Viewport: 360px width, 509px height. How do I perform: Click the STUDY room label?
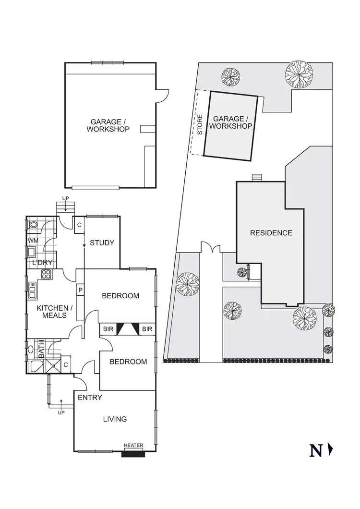click(x=102, y=243)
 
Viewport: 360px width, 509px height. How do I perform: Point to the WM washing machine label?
click(x=33, y=240)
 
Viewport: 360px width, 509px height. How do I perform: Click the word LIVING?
click(x=115, y=419)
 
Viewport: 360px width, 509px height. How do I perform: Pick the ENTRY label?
click(x=90, y=397)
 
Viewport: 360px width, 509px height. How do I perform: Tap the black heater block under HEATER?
click(x=133, y=454)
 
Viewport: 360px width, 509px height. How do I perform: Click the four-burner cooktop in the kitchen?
click(x=47, y=275)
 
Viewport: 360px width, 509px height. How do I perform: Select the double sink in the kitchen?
click(x=33, y=291)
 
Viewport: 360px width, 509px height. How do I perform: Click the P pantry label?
click(x=80, y=291)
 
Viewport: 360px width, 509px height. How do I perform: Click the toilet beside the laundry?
click(x=34, y=225)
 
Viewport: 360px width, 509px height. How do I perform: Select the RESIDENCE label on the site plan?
click(x=271, y=233)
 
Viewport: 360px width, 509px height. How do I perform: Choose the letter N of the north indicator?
click(x=316, y=451)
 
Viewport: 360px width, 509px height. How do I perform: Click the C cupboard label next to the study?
click(x=79, y=225)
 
